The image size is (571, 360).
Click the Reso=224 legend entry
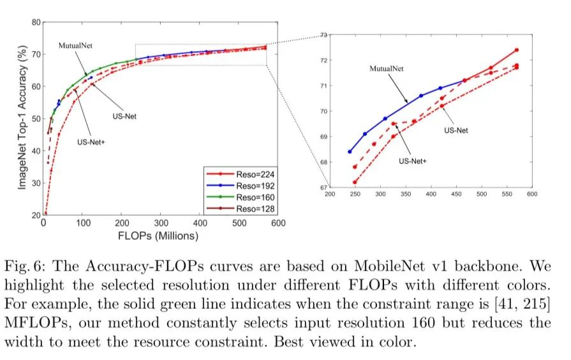coord(238,172)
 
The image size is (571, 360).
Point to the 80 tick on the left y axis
coord(37,22)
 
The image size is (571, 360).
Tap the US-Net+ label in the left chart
coord(91,140)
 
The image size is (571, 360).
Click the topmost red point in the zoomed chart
coord(516,50)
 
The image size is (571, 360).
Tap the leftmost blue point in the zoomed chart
coord(350,152)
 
